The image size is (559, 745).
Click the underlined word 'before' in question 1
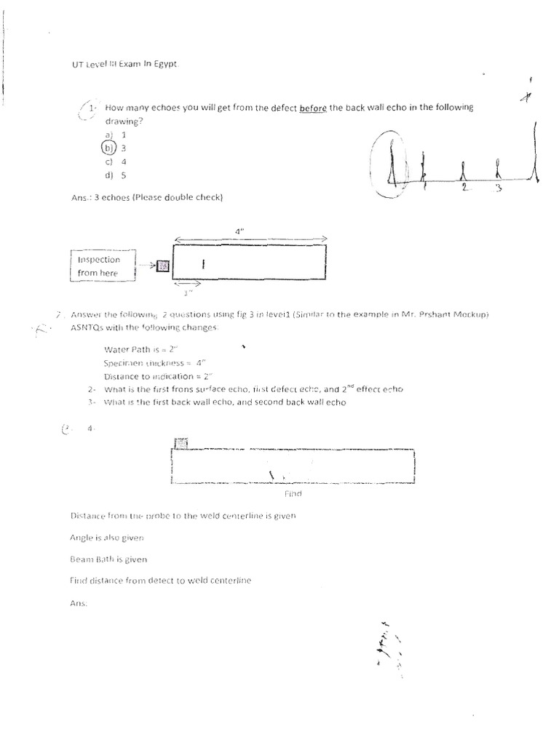coord(312,108)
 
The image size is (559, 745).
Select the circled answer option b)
coord(108,148)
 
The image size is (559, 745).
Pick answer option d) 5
coord(116,175)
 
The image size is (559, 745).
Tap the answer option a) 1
coord(115,135)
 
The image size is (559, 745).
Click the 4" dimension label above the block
coord(239,230)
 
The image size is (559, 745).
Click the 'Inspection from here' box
coord(103,266)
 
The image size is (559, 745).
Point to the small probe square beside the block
coord(163,266)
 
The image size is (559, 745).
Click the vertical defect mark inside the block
coord(203,266)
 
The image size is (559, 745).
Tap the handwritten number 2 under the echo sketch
coord(464,187)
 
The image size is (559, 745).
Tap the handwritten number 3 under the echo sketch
coord(499,188)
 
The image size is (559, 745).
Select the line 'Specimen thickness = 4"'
coord(153,362)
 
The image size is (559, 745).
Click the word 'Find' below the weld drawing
coord(293,493)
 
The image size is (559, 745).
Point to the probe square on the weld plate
coord(181,443)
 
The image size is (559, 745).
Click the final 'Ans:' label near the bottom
coord(78,602)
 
